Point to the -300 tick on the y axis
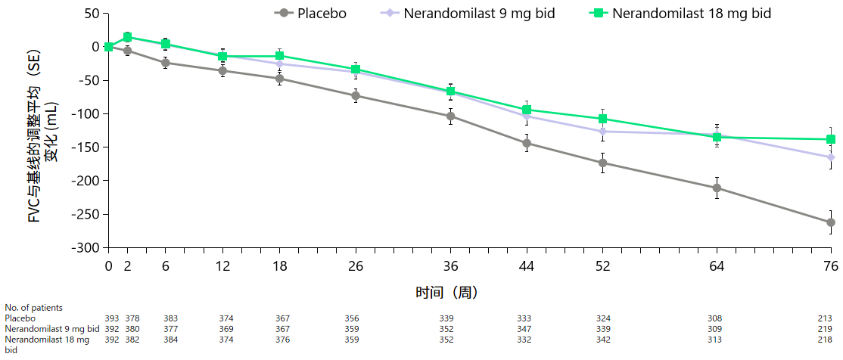click(85, 247)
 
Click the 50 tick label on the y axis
click(92, 14)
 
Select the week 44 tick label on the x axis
click(527, 266)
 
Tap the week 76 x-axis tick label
click(831, 266)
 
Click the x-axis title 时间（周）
click(446, 292)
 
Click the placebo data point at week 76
click(831, 222)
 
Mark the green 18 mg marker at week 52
click(603, 119)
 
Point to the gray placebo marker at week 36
click(450, 116)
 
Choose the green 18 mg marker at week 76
click(831, 139)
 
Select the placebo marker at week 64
click(717, 188)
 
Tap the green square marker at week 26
click(356, 70)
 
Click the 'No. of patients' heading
click(33, 308)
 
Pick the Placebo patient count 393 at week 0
click(111, 318)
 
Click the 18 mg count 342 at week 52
click(603, 340)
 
